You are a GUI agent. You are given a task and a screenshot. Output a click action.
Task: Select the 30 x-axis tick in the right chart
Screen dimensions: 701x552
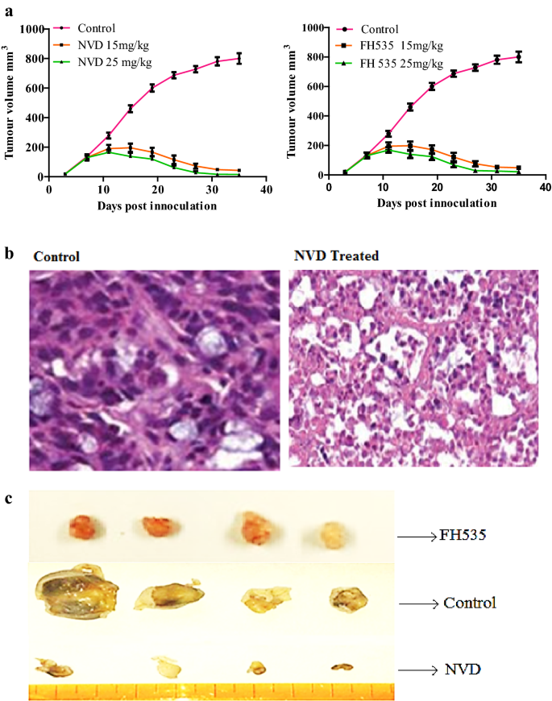491,189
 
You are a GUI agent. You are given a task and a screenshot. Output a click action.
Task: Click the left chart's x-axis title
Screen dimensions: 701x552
156,206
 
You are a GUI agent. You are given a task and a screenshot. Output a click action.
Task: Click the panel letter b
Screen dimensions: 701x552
9,252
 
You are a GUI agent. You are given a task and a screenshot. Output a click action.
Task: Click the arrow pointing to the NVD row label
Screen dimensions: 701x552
422,670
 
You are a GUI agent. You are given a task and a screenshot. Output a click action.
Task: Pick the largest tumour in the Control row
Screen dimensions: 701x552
71,592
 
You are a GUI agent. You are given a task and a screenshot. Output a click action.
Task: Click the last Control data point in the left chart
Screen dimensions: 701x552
239,58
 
